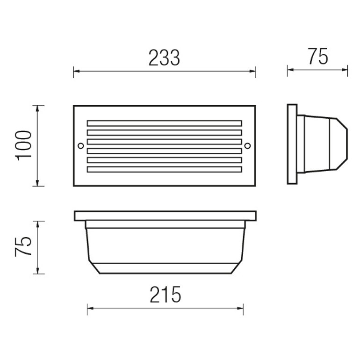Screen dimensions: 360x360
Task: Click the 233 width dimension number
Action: [164, 58]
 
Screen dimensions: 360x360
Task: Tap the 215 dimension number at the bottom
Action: [166, 295]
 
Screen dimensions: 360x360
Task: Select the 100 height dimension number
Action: [23, 145]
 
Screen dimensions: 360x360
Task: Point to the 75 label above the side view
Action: [318, 56]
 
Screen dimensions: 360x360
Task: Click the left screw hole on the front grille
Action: [81, 145]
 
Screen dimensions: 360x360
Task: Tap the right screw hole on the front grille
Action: [247, 145]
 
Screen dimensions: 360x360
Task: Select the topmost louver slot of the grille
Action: [165, 123]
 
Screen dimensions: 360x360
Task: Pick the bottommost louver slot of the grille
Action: [165, 169]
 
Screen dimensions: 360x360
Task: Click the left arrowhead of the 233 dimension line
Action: [76, 71]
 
